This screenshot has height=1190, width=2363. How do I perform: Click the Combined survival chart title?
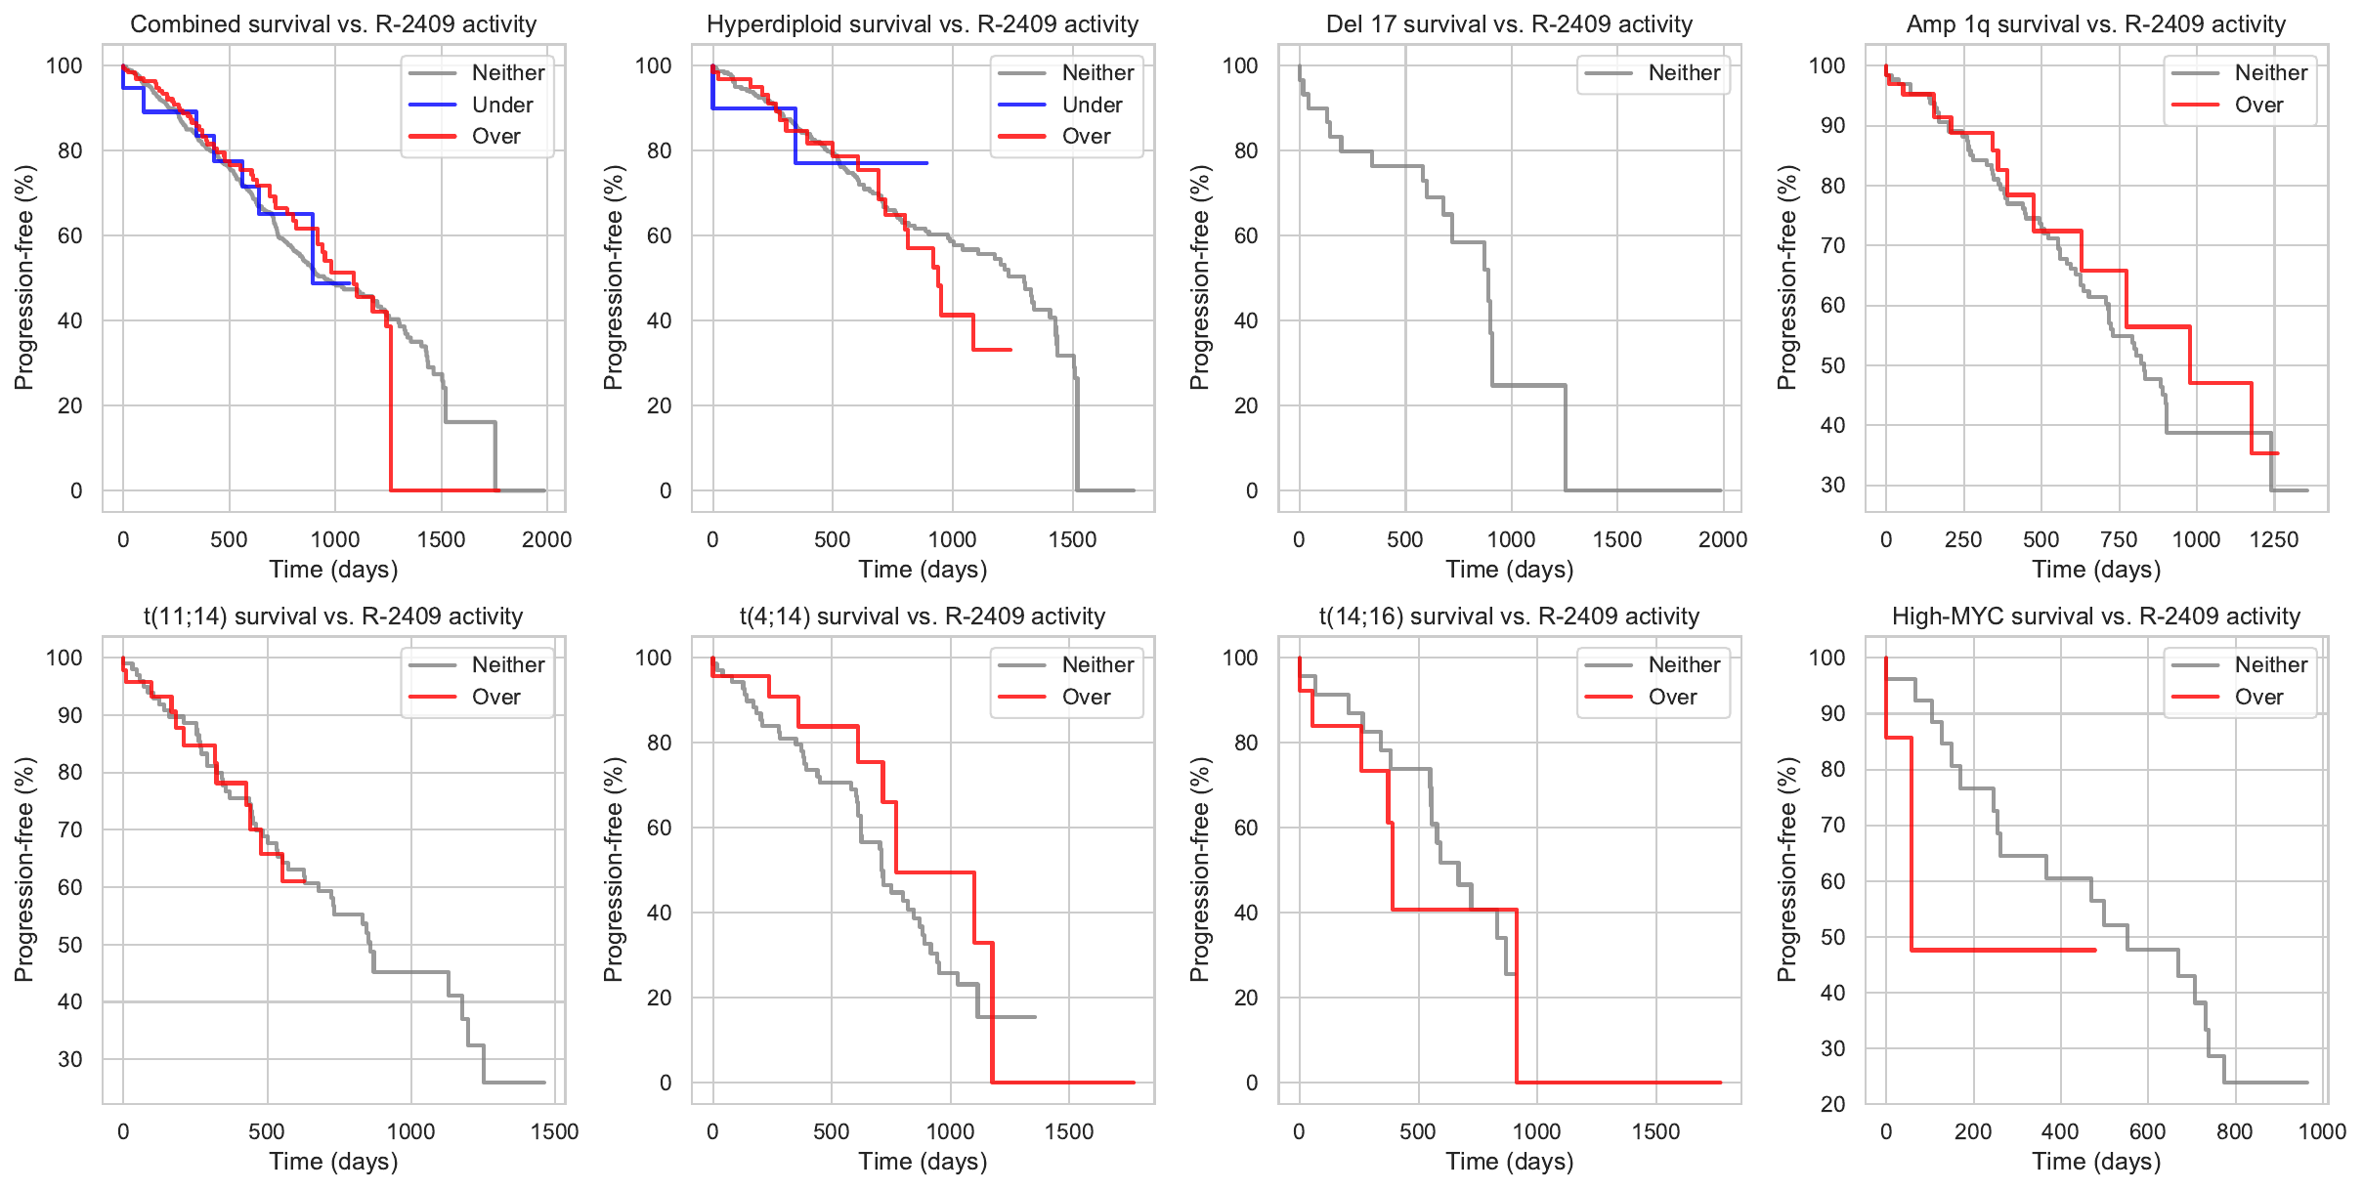tap(333, 24)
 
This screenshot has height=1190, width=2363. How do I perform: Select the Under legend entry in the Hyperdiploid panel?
tap(1092, 105)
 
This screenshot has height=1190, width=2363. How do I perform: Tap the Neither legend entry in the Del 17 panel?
tap(1684, 72)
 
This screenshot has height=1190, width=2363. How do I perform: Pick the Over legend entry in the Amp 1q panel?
tap(2258, 105)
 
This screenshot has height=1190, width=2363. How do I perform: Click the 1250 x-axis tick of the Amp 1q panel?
tap(2274, 539)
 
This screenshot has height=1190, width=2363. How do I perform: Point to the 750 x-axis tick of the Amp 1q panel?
tap(2119, 539)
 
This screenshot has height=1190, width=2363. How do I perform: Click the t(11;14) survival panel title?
tap(333, 616)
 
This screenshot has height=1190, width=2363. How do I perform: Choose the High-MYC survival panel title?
tap(2096, 616)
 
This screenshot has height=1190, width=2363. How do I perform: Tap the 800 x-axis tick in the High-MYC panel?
tap(2235, 1131)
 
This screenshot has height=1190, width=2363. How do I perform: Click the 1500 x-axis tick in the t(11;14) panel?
tap(555, 1131)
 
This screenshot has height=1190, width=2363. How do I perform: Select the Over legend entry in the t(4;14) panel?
tap(1086, 697)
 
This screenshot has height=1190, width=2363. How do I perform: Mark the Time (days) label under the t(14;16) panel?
tap(1510, 1162)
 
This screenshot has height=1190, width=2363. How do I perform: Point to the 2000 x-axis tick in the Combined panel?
tap(546, 539)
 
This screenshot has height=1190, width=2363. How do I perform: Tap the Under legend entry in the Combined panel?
tap(502, 105)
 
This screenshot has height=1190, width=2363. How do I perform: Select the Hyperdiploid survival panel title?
tap(923, 24)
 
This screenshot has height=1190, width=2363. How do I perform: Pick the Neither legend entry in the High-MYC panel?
tap(2270, 664)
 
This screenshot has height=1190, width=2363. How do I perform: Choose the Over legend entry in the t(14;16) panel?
tap(1672, 697)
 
